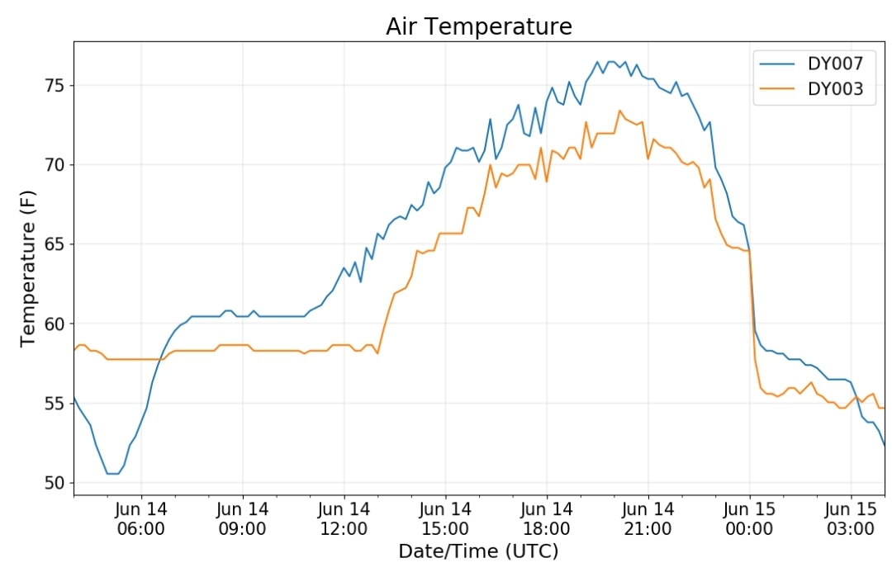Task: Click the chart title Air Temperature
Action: tap(479, 26)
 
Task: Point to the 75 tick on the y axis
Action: tap(56, 86)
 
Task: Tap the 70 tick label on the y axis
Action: tap(56, 165)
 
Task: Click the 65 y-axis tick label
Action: tap(56, 244)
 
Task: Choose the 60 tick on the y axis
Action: tap(56, 324)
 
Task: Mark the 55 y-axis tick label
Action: tap(56, 403)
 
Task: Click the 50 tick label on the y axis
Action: tap(56, 483)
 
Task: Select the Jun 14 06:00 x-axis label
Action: tap(141, 518)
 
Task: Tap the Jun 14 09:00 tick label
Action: tap(242, 518)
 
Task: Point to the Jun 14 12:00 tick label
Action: tap(344, 518)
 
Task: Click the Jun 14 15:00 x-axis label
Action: tap(445, 518)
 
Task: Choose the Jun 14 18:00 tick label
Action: tap(547, 518)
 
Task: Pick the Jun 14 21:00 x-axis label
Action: tap(648, 518)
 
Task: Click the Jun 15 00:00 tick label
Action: tap(749, 518)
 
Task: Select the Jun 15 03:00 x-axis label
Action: tap(851, 518)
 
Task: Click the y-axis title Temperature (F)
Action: tap(27, 268)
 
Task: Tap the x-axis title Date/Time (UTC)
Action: tap(478, 551)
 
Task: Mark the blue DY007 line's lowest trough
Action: tap(112, 474)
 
